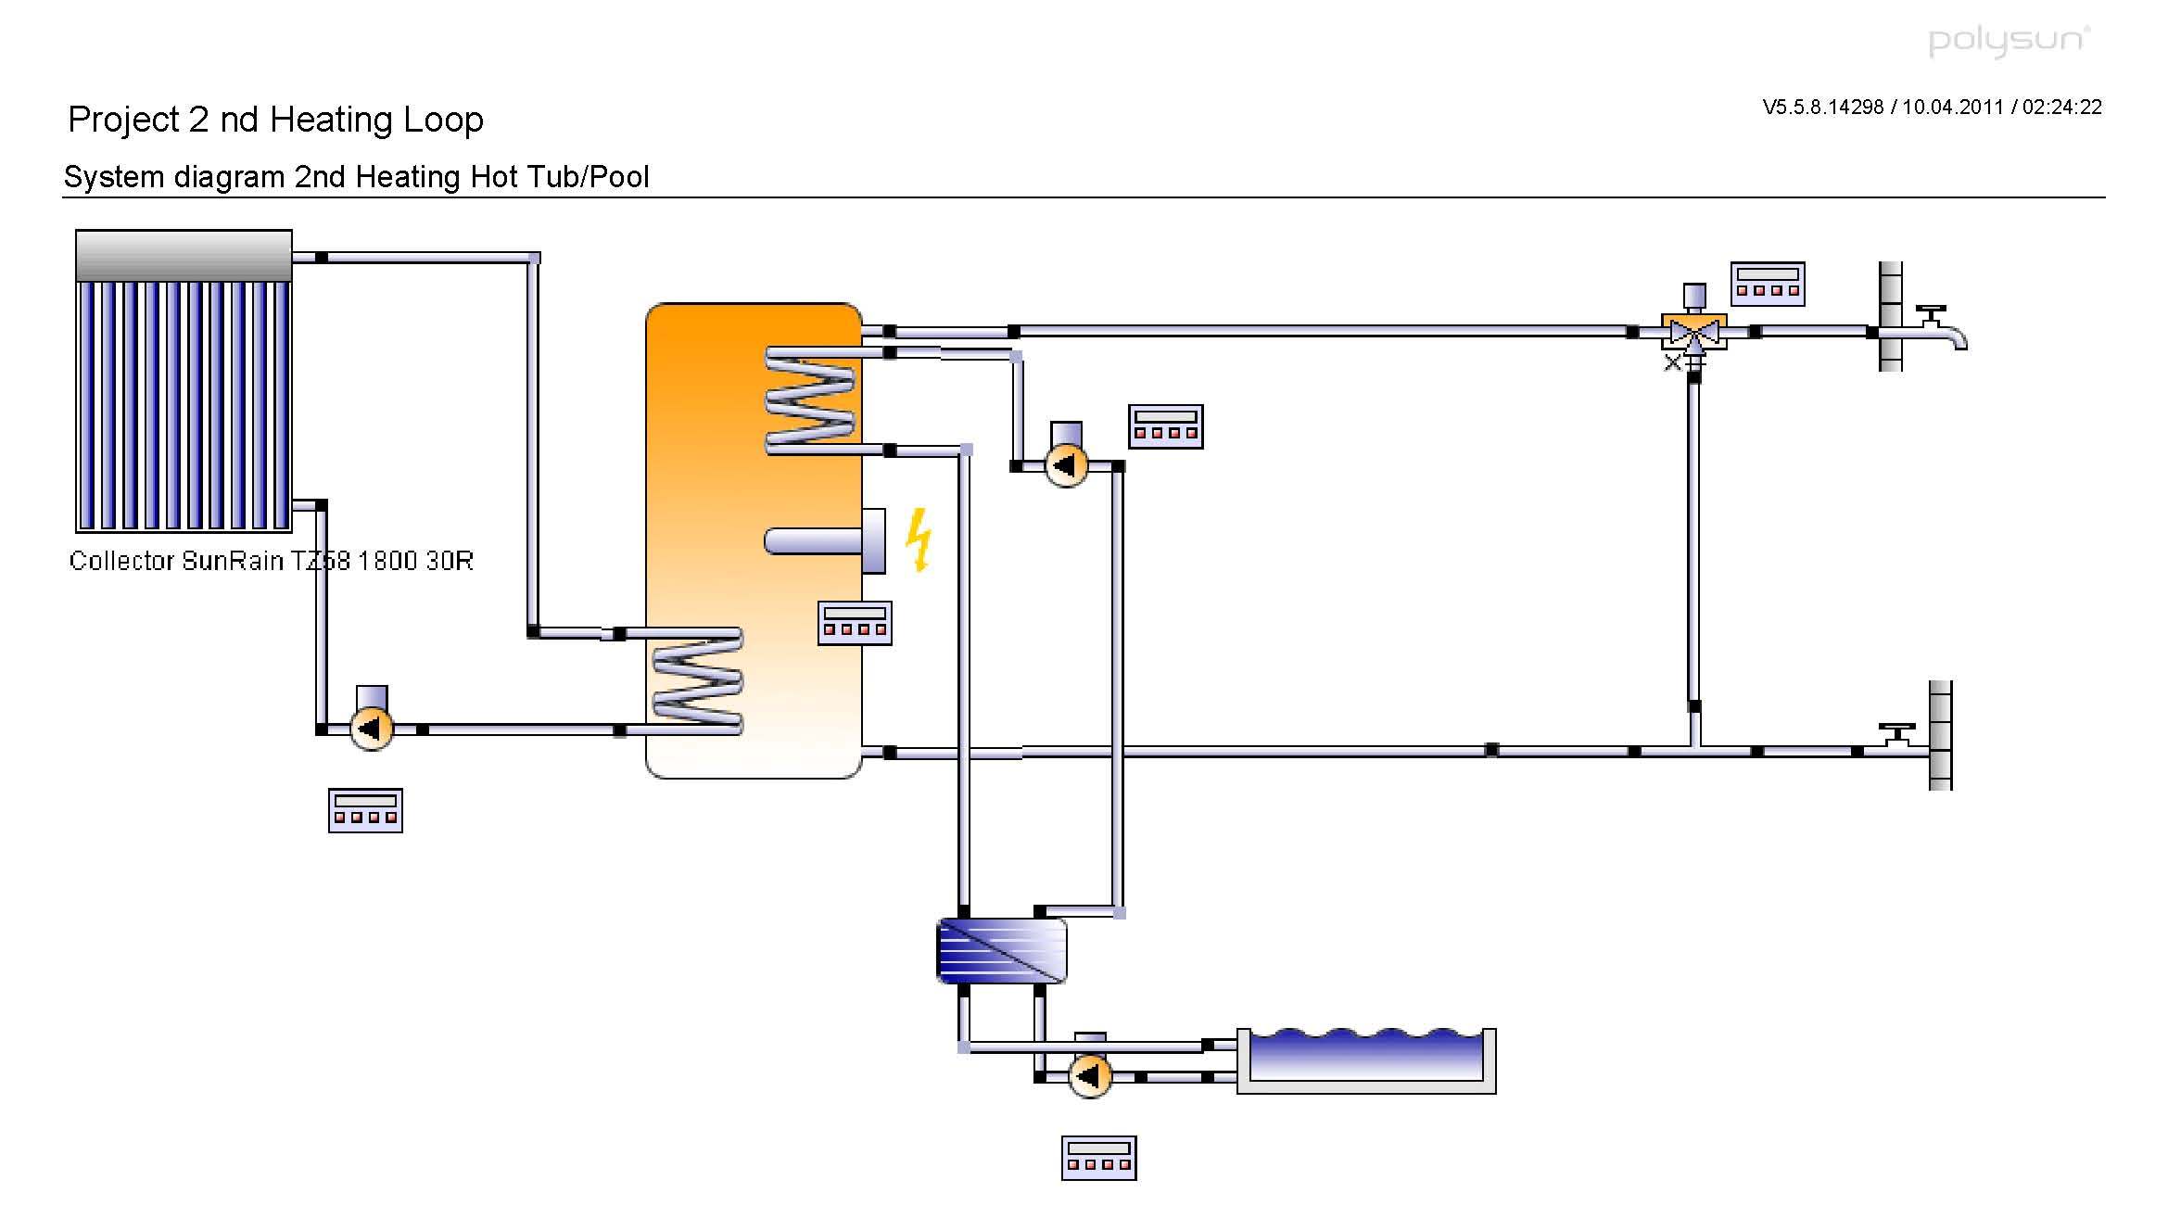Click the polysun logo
click(x=2009, y=41)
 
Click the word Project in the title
click(x=123, y=120)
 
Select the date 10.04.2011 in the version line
click(x=1953, y=108)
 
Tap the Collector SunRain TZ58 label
click(x=271, y=561)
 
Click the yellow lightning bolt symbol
click(x=919, y=539)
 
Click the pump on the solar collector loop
click(x=372, y=729)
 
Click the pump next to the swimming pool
click(x=1090, y=1075)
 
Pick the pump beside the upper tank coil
click(x=1066, y=464)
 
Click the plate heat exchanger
click(x=1002, y=950)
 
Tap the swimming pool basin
click(x=1366, y=1061)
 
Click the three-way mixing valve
click(x=1693, y=332)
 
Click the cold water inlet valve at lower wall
click(x=1896, y=737)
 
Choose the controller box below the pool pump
click(x=1098, y=1158)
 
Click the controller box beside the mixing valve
click(x=1767, y=284)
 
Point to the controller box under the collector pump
click(x=365, y=810)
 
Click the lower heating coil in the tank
click(x=698, y=681)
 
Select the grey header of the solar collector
click(x=184, y=255)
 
